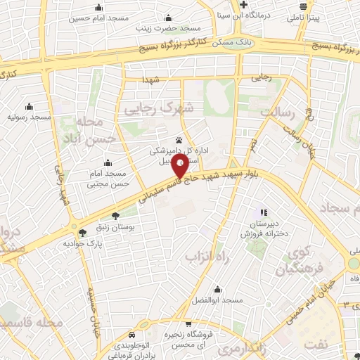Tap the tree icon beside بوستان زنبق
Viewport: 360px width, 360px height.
(x=115, y=215)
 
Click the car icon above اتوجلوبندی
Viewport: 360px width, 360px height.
(x=132, y=335)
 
